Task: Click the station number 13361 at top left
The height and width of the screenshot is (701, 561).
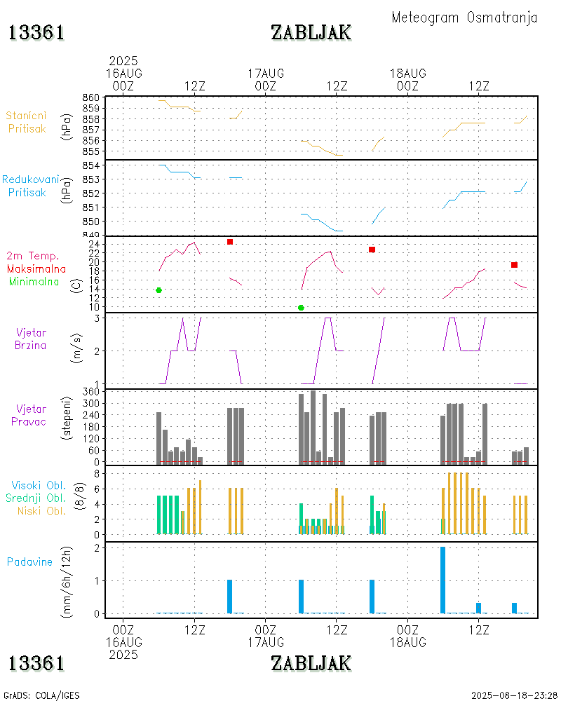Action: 36,32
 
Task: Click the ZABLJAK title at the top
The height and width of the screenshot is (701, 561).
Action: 311,32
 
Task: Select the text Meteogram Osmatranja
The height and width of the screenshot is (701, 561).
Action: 464,18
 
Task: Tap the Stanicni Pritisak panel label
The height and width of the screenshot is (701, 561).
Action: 27,121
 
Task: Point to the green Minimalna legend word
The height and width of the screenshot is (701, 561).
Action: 34,281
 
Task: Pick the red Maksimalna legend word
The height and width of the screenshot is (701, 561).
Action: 36,268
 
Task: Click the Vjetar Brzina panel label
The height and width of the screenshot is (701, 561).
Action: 31,339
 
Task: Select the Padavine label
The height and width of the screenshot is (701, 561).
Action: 29,562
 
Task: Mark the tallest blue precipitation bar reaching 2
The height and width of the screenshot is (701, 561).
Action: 442,580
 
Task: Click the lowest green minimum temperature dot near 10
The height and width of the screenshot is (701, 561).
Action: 301,307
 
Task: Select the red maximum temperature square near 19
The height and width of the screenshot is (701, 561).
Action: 514,264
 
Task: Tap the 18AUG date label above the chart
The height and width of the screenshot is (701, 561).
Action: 408,73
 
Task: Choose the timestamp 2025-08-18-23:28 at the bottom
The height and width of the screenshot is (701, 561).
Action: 514,695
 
